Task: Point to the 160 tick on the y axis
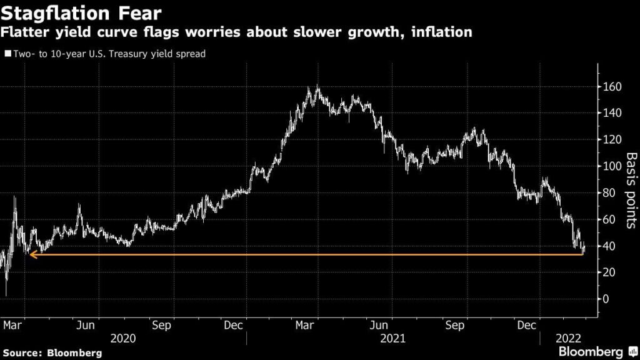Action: tap(612, 87)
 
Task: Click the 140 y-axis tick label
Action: tap(612, 113)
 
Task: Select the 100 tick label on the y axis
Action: tap(612, 166)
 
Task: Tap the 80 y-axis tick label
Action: tap(609, 193)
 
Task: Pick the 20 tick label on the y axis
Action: tap(609, 272)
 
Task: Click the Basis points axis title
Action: tap(631, 191)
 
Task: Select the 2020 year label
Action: tap(123, 338)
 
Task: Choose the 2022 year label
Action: tap(569, 338)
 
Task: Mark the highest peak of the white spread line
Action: tap(317, 87)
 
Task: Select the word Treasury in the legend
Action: tap(133, 54)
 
